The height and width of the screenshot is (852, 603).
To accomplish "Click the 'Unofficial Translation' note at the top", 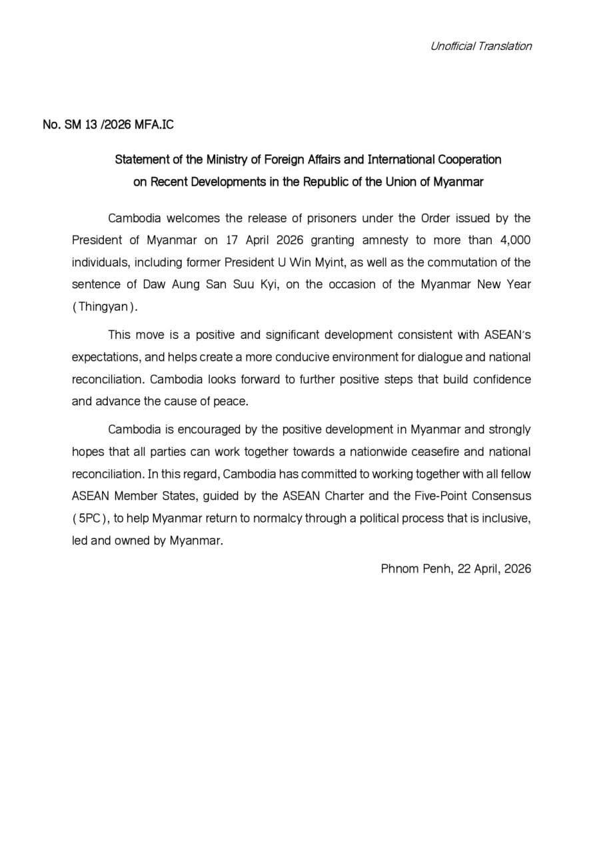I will (x=480, y=46).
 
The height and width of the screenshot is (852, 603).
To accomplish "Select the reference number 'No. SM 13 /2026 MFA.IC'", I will (x=109, y=125).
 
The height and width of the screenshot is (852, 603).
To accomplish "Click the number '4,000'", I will (x=514, y=240).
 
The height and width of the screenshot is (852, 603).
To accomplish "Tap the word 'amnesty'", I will (x=393, y=240).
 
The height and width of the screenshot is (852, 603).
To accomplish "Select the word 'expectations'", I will (x=104, y=357).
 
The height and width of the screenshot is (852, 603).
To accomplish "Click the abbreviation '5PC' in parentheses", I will (x=87, y=518).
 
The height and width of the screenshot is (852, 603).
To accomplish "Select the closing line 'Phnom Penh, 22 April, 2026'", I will (x=456, y=569).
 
